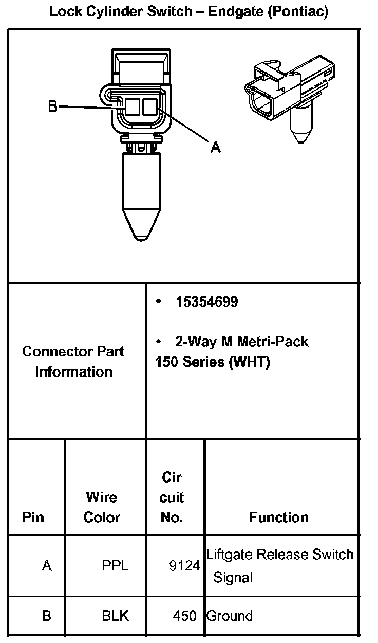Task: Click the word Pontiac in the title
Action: tap(298, 12)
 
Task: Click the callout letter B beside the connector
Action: tap(52, 106)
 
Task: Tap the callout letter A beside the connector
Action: tap(216, 147)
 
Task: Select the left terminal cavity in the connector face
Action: tap(133, 107)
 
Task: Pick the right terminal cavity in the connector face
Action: tap(150, 107)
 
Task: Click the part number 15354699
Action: tap(206, 302)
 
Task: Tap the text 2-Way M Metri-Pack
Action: tap(241, 342)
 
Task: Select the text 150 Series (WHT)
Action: tap(212, 362)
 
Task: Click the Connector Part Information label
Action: tap(73, 362)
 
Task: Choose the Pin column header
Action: tap(33, 517)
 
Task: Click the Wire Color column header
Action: tap(102, 507)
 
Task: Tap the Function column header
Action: tap(278, 517)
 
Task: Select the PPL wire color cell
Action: tap(115, 566)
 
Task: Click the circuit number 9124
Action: tap(184, 566)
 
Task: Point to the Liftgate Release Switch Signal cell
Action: tap(279, 566)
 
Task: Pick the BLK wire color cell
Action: tap(115, 616)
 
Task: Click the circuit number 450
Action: tap(185, 616)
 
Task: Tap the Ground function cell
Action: tap(230, 616)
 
